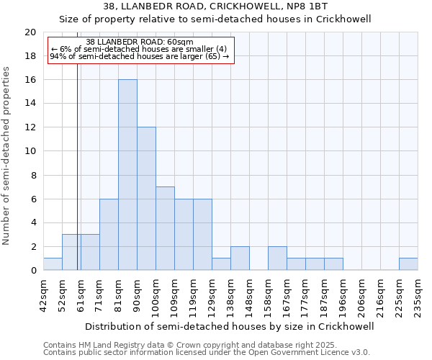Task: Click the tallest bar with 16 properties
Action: coord(127,175)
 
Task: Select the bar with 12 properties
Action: coord(146,199)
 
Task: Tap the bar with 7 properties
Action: coord(165,228)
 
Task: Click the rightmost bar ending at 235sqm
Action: coord(408,264)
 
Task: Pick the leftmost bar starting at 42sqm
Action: coord(53,264)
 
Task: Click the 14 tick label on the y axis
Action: coord(30,104)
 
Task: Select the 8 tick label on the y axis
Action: coord(32,175)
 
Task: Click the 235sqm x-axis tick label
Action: coord(418,295)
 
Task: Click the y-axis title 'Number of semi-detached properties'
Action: coord(7,156)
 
